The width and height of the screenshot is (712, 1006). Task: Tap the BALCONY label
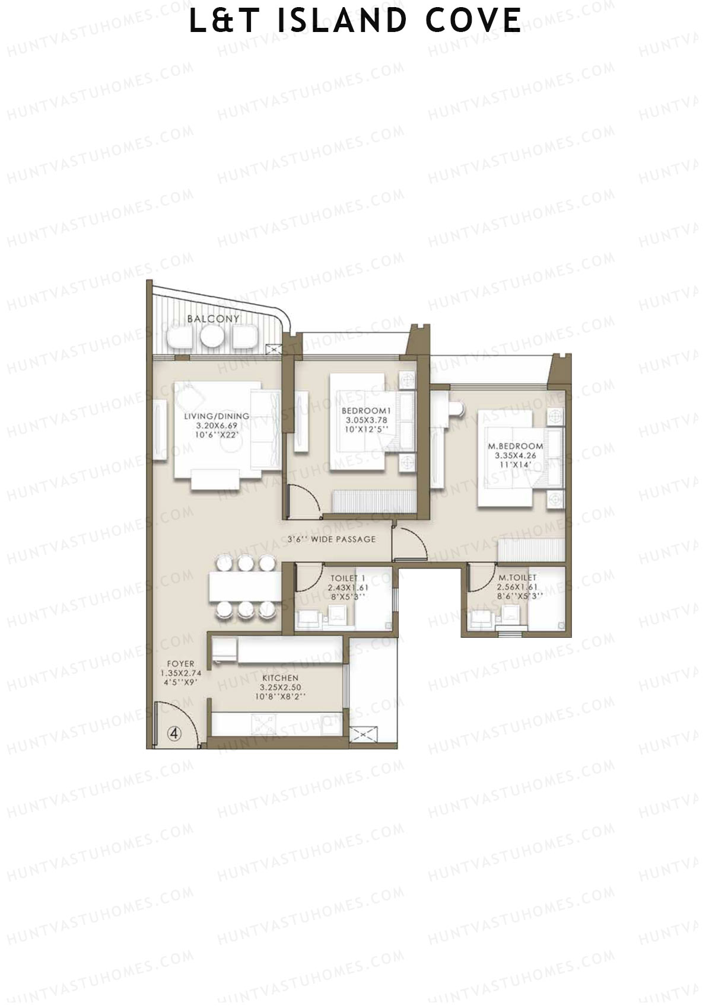point(213,319)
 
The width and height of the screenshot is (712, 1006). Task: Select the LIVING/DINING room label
point(216,416)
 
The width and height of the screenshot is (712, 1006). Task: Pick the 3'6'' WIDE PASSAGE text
point(332,539)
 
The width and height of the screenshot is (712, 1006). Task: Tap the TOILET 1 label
point(348,578)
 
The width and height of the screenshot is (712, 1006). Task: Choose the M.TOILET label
point(517,577)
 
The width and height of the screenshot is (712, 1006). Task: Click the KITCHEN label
point(281,678)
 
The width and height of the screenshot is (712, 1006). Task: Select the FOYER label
point(180,664)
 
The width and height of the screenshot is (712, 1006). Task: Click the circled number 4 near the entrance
point(174,733)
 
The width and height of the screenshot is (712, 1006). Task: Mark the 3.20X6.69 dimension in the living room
point(217,426)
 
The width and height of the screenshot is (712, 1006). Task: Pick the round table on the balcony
point(211,337)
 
